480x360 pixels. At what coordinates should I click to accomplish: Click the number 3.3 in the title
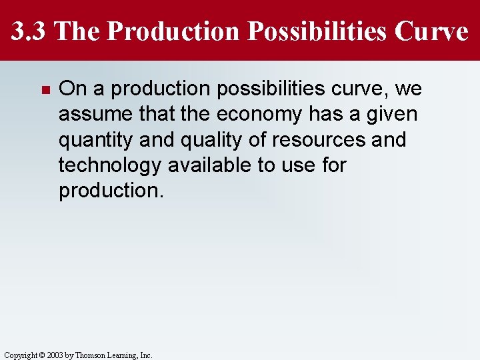(28, 31)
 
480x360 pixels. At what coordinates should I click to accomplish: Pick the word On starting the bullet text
(70, 89)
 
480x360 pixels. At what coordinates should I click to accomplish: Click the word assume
(94, 114)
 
